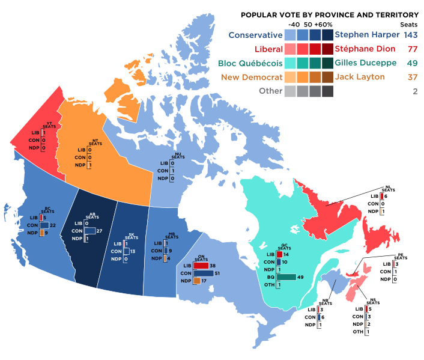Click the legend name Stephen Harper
[366, 34]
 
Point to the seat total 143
[411, 34]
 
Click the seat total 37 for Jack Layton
[411, 78]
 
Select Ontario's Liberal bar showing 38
[201, 266]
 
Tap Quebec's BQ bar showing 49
[286, 277]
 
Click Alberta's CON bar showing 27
[89, 231]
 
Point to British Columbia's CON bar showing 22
[44, 225]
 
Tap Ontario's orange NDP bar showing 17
[197, 281]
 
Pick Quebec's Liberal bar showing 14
[279, 254]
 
